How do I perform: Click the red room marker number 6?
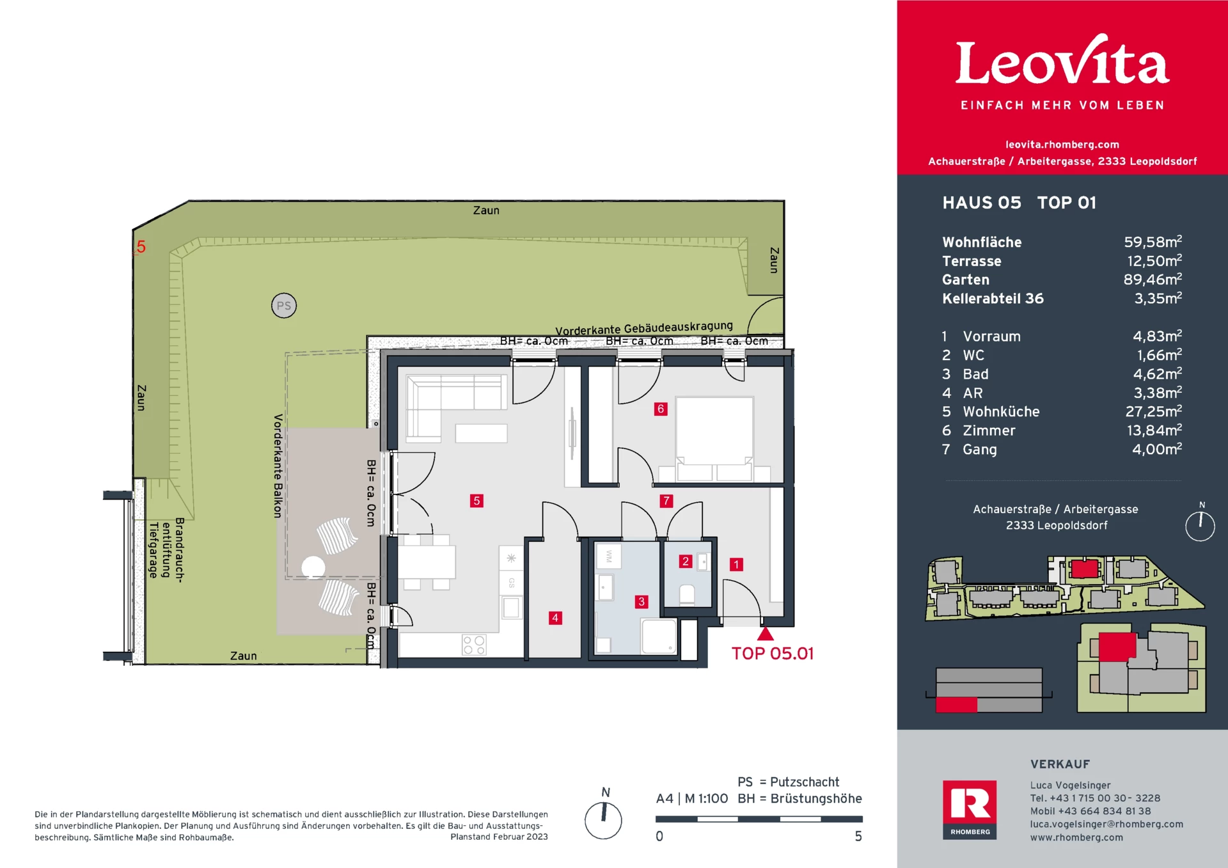[x=661, y=409]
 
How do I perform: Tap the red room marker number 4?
[x=555, y=618]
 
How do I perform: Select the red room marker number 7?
[x=666, y=501]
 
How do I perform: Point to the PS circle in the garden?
[x=284, y=306]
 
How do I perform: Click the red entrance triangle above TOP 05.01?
[x=766, y=634]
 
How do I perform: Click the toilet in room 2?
[x=687, y=594]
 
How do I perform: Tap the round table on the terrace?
[x=313, y=567]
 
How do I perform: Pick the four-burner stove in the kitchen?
[x=474, y=645]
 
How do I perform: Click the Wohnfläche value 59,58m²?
[x=1153, y=242]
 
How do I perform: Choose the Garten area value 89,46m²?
[x=1153, y=280]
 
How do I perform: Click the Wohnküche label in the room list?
[x=1001, y=412]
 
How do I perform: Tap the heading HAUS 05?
[x=982, y=203]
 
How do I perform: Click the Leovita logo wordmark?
[x=1062, y=62]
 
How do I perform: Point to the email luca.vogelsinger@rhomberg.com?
[x=1106, y=824]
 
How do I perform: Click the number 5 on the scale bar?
[x=858, y=837]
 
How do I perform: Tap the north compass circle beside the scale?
[x=603, y=820]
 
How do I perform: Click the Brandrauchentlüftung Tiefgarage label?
[x=166, y=549]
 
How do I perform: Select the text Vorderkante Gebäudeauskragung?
[x=644, y=328]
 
